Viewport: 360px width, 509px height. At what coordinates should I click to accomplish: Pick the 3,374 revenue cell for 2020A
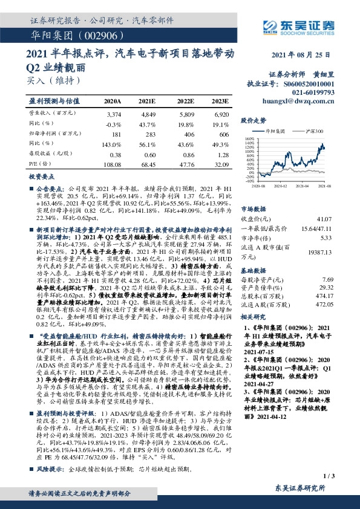point(113,113)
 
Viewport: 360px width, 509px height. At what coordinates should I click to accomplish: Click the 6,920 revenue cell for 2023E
point(220,113)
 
